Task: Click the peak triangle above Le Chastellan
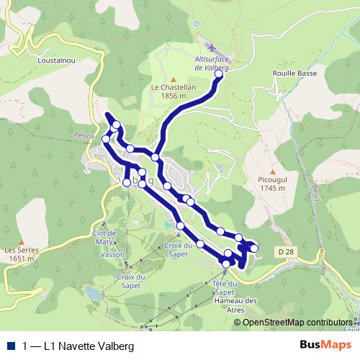coord(172,78)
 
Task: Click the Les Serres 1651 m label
coord(19,253)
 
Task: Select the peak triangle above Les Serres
coord(22,242)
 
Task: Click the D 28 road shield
coord(285,251)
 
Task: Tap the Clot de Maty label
coord(104,238)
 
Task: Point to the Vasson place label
coord(113,255)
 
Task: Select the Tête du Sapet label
coord(225,288)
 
